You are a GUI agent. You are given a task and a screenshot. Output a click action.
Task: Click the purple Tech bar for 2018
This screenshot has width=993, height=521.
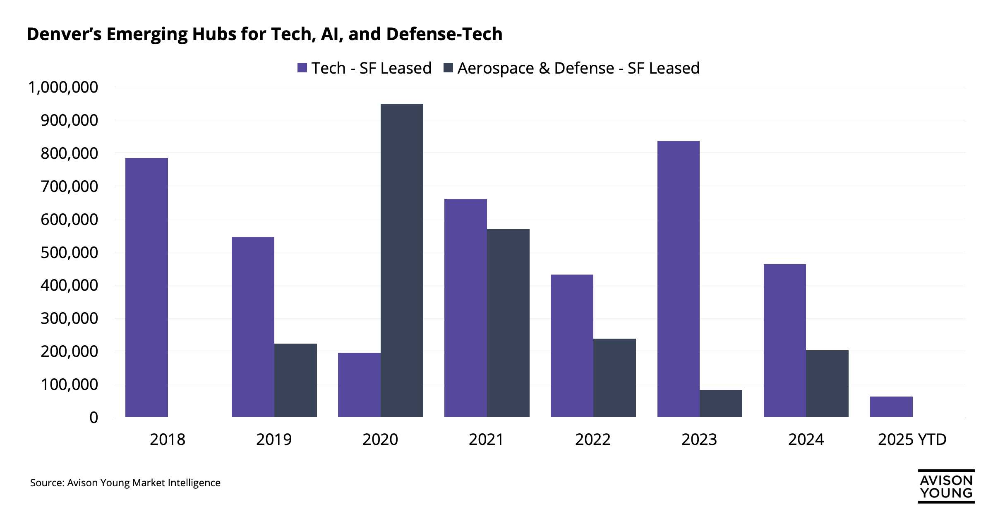(146, 287)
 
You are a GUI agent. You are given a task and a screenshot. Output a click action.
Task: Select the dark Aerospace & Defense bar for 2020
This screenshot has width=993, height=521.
(402, 260)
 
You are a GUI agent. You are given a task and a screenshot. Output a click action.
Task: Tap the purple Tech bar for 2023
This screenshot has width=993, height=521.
(678, 279)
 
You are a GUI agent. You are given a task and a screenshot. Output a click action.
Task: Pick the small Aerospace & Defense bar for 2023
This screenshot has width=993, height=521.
(721, 404)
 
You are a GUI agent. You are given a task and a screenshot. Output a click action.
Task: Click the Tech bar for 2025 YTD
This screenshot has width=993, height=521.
(891, 407)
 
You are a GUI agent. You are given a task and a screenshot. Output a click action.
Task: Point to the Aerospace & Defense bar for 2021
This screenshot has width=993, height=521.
(508, 323)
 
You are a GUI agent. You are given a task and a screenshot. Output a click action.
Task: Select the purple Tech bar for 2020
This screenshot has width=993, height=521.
(359, 385)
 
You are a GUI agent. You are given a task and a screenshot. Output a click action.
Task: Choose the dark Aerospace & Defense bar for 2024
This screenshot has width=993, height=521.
(827, 384)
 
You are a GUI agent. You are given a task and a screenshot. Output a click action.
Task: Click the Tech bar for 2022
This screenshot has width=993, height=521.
(572, 346)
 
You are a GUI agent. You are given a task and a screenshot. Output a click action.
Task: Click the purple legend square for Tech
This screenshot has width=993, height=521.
(302, 68)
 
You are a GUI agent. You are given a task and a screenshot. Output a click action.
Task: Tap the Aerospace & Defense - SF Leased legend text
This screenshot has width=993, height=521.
(578, 68)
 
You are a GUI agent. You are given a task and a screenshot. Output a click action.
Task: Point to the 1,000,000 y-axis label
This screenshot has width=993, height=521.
(63, 87)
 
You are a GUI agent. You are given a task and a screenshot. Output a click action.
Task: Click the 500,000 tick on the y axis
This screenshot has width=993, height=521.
(69, 252)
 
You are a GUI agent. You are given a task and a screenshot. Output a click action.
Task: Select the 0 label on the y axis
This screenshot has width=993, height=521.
(94, 417)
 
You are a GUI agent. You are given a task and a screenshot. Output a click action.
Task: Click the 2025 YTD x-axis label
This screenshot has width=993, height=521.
(912, 439)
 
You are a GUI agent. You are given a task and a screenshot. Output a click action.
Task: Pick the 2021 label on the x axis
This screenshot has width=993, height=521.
(486, 439)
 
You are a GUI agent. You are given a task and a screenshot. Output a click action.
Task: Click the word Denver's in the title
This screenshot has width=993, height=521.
(64, 34)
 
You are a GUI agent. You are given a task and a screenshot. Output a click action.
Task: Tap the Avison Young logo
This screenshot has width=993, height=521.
(946, 486)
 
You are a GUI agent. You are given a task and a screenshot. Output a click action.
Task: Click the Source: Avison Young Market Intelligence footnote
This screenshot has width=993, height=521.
(125, 483)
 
